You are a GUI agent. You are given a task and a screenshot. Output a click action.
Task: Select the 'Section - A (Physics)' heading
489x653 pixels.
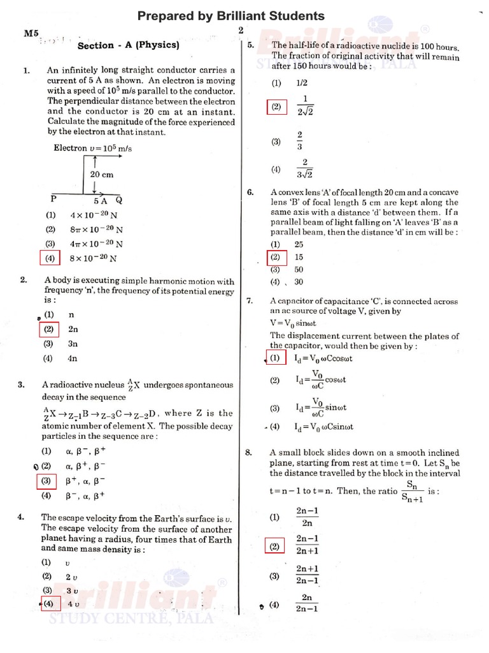(128, 45)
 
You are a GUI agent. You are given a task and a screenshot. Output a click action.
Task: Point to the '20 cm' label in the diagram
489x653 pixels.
(101, 174)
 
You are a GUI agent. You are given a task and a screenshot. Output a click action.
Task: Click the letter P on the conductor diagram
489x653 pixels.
(54, 199)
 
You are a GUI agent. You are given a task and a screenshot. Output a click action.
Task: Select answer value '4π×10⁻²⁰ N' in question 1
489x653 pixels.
(97, 244)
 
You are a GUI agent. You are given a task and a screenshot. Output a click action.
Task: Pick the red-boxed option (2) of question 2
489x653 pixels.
(48, 330)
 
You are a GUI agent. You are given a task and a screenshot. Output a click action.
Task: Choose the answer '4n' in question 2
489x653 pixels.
(73, 358)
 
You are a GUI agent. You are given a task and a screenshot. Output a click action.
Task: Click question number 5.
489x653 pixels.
(250, 45)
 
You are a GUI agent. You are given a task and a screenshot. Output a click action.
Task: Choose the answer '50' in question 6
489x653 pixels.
(299, 270)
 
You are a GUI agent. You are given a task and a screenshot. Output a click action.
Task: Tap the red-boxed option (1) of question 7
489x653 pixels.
(275, 358)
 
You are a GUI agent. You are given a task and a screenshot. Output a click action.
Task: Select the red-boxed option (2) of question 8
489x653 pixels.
(275, 546)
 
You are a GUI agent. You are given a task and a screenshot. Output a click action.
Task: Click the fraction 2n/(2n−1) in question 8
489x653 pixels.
(307, 603)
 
